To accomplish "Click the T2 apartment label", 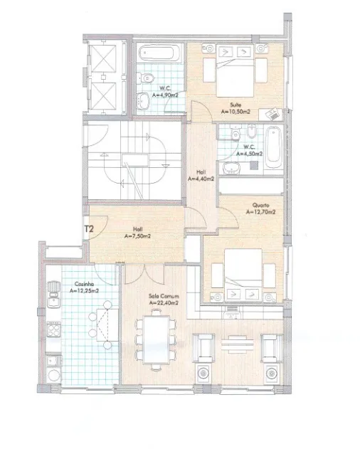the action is tap(89, 229).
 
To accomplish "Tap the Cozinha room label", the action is tap(84, 284).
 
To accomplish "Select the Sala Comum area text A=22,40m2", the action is tap(164, 302).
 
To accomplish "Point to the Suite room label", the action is tap(235, 105).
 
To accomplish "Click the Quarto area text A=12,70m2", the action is tap(261, 212).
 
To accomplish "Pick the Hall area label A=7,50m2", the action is tap(137, 236).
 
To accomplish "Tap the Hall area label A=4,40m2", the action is tap(201, 179).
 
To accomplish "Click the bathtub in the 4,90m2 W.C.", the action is tap(160, 53).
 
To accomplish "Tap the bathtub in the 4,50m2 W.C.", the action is tap(274, 148).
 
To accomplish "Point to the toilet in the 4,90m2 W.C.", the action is tap(145, 78).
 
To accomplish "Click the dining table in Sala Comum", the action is tap(157, 339).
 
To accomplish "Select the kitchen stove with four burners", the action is tap(53, 329).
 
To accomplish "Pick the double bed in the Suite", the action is tap(235, 70).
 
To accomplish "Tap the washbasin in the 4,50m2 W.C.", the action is tap(231, 168).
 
